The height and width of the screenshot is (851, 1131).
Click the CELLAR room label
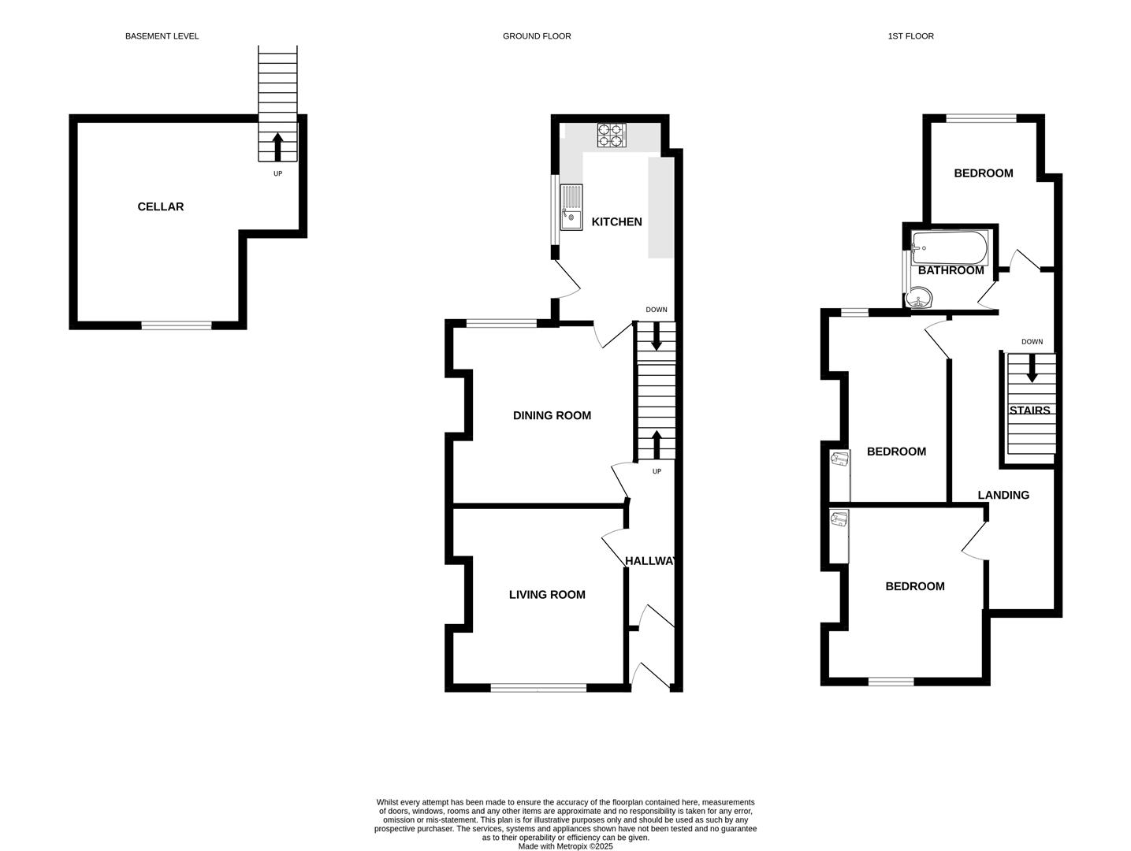[160, 206]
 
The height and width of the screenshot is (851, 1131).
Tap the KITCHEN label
[616, 222]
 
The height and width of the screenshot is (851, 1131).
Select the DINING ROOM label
[552, 415]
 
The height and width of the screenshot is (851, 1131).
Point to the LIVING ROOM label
[547, 595]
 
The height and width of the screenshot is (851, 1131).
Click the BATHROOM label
[951, 270]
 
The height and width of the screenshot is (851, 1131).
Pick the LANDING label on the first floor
[1003, 495]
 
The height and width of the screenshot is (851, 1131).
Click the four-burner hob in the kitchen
[611, 136]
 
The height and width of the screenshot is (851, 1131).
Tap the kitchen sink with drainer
[571, 207]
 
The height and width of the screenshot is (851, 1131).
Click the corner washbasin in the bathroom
[919, 299]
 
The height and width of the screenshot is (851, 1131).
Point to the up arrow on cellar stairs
[277, 147]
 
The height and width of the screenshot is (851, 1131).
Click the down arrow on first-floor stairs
[1032, 370]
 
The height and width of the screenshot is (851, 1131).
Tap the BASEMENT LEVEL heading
[162, 36]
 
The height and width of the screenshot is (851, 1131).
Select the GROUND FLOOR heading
[537, 36]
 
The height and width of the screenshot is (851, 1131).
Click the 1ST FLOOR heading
[910, 36]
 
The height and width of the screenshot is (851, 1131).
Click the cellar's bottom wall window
[177, 325]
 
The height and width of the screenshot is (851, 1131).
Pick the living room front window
[538, 688]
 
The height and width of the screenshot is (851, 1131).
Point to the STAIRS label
[1029, 411]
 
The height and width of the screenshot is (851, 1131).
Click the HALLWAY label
[651, 561]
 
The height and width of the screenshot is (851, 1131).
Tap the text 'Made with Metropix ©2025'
[565, 846]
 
